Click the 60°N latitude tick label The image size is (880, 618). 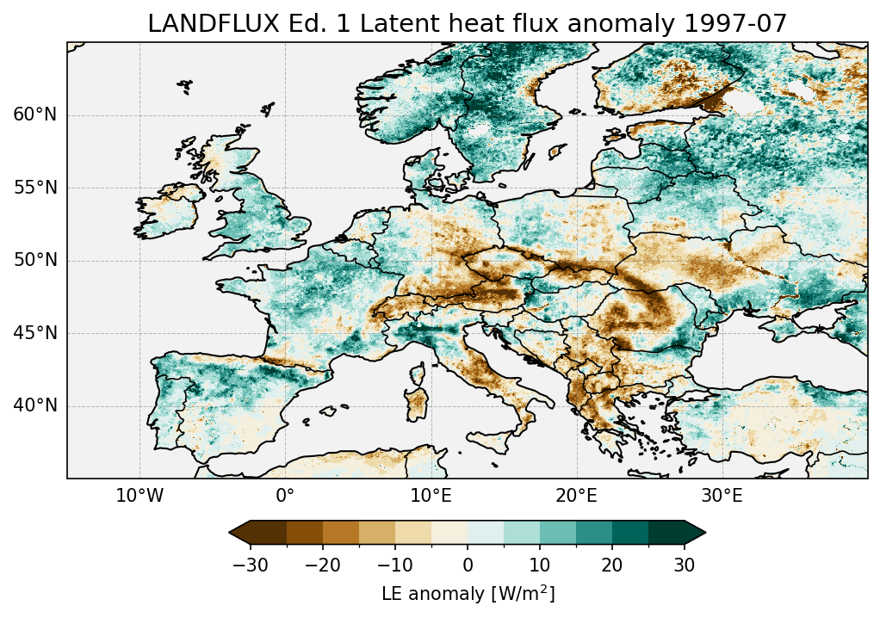(x=35, y=115)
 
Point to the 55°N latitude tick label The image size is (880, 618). (x=35, y=188)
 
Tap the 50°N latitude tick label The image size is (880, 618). (x=35, y=261)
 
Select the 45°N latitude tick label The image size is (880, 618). (x=35, y=333)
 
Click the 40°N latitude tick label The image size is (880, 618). (x=35, y=405)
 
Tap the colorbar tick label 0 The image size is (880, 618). (x=468, y=565)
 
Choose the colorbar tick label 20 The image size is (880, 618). (x=612, y=565)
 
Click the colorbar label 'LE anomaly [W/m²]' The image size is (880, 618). (x=468, y=594)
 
